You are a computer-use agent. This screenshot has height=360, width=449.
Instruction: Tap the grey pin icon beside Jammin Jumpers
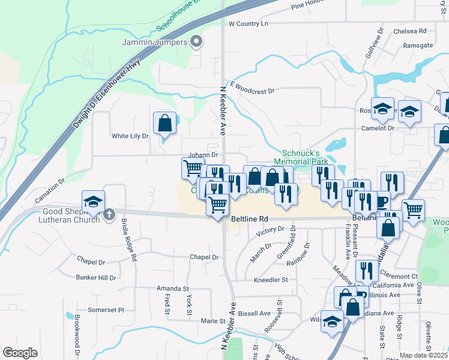pyautogui.click(x=196, y=41)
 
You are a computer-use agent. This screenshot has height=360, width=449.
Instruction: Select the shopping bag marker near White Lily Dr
pyautogui.click(x=164, y=123)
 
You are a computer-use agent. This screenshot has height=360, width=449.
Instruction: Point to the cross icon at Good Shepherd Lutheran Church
pyautogui.click(x=109, y=214)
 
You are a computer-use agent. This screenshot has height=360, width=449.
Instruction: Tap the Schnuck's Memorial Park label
pyautogui.click(x=300, y=157)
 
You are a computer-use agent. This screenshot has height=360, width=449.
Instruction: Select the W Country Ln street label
pyautogui.click(x=249, y=23)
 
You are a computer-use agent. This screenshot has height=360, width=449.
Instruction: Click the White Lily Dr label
pyautogui.click(x=130, y=136)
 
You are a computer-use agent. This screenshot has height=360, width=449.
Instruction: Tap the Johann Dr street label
pyautogui.click(x=203, y=154)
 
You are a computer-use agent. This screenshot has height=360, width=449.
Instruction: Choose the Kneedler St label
pyautogui.click(x=271, y=280)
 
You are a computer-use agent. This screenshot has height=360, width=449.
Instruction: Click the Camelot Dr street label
pyautogui.click(x=378, y=128)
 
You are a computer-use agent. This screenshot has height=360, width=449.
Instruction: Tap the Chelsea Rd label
pyautogui.click(x=409, y=31)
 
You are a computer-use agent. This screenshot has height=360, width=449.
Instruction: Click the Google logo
pyautogui.click(x=20, y=353)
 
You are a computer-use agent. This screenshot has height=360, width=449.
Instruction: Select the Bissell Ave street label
pyautogui.click(x=255, y=313)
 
